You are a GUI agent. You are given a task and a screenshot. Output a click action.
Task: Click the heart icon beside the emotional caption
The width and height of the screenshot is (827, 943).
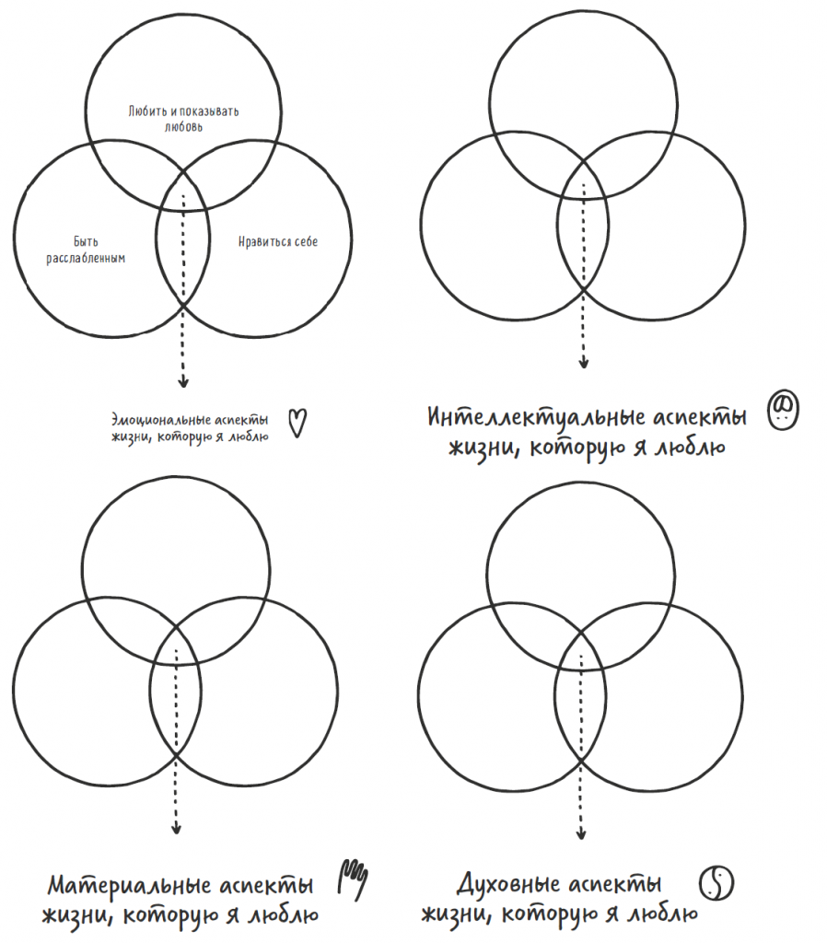[297, 423]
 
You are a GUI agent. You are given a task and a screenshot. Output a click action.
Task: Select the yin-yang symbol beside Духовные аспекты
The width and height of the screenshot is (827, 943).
[716, 883]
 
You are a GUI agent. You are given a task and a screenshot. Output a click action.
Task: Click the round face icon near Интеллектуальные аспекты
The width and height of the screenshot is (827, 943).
[783, 410]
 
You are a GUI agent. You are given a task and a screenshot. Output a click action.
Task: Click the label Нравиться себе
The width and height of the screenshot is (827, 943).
[278, 242]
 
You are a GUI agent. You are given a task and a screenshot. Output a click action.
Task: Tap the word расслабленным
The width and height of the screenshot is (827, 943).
[86, 258]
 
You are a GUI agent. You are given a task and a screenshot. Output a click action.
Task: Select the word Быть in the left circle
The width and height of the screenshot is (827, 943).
[86, 242]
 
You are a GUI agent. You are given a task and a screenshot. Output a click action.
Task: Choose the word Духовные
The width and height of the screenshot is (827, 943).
[509, 883]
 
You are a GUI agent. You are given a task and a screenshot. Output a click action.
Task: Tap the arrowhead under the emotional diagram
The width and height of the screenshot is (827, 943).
[183, 381]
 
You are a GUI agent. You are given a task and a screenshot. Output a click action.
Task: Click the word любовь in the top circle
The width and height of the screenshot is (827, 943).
[183, 127]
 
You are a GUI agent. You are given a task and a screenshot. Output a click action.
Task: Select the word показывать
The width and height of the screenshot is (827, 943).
[209, 111]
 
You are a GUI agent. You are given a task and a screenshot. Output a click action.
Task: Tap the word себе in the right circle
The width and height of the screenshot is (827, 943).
[306, 242]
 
